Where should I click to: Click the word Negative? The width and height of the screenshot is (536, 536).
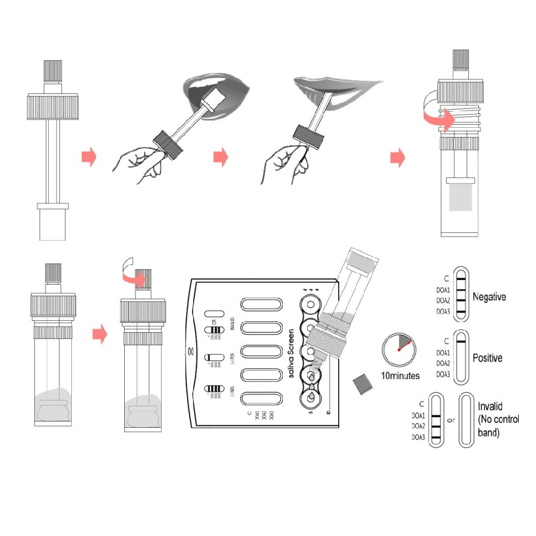(489, 296)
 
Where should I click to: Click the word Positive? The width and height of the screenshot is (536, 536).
(487, 358)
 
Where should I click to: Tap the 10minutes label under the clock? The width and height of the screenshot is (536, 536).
(400, 376)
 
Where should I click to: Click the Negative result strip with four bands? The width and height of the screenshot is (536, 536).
(461, 294)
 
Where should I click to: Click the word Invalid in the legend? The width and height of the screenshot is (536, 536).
(490, 406)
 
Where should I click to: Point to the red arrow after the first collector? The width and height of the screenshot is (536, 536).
(89, 158)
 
